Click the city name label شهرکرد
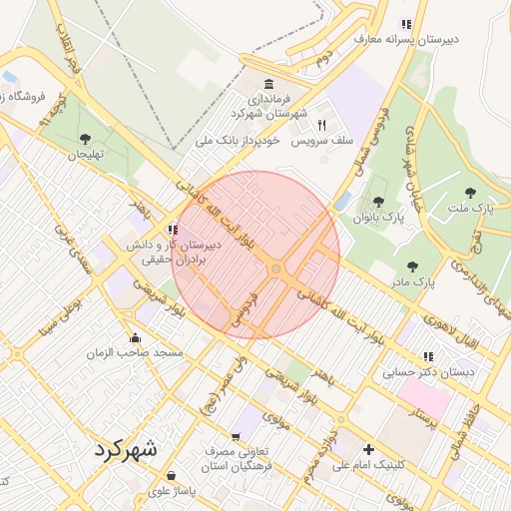[x=127, y=449]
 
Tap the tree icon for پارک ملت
[x=470, y=193]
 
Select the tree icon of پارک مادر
[x=412, y=266]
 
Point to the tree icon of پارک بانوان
[x=378, y=202]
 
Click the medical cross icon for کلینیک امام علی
[x=369, y=449]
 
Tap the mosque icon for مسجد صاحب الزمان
[x=136, y=336]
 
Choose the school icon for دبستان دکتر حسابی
[x=428, y=356]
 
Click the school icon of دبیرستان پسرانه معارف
[x=405, y=24]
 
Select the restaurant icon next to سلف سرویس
[x=321, y=125]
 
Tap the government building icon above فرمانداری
[x=267, y=84]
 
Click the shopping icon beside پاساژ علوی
[x=172, y=475]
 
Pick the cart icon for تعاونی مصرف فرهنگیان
[x=236, y=436]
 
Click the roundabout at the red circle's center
[x=275, y=268]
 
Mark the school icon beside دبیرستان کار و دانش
[x=174, y=230]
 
